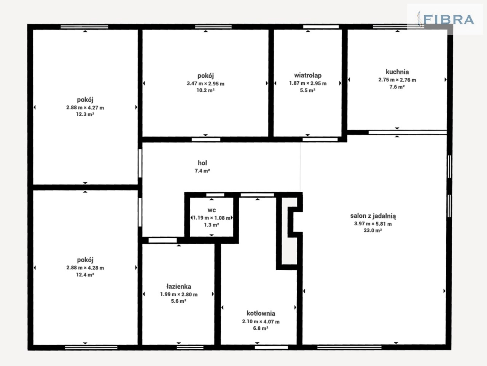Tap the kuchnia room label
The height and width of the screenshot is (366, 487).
[x=397, y=72]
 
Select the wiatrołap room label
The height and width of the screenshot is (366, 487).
[x=308, y=75]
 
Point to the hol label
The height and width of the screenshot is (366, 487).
[x=202, y=163]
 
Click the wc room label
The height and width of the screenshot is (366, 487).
[x=212, y=210]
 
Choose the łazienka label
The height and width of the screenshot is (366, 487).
[x=178, y=286]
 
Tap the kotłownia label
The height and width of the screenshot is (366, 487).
[x=261, y=313]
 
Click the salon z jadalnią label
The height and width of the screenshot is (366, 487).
[x=373, y=216]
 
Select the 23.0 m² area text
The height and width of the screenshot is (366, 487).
[x=373, y=230]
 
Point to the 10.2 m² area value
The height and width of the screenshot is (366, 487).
[x=205, y=90]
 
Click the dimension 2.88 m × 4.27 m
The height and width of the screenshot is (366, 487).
[x=85, y=108]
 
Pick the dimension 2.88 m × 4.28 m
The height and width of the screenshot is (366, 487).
[x=85, y=268]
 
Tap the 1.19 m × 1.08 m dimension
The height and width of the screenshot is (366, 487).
[x=212, y=218]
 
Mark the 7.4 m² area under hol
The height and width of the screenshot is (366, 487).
[x=202, y=171]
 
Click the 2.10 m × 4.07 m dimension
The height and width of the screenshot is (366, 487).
[x=261, y=321]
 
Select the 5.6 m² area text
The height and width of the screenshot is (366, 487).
[x=178, y=301]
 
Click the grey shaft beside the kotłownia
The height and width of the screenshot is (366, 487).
[x=289, y=231]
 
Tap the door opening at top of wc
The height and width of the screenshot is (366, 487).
[x=215, y=195]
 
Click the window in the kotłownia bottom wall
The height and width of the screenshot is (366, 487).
[x=271, y=347]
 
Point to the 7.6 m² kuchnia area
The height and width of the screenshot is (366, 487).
[x=397, y=87]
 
